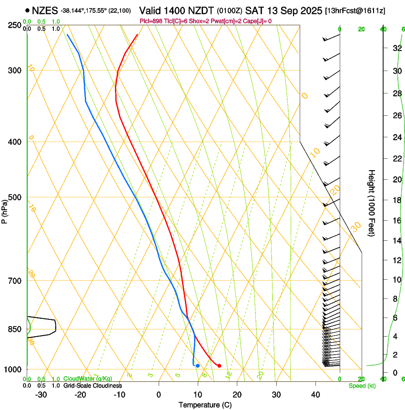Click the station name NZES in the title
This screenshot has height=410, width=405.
[45, 10]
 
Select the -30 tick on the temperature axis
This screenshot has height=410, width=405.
[41, 395]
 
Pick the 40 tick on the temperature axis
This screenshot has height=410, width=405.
[315, 395]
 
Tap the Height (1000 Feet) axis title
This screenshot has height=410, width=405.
[372, 203]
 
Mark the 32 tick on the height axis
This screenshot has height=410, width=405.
[395, 48]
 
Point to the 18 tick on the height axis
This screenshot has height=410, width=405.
[395, 200]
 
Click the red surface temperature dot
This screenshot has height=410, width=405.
[219, 366]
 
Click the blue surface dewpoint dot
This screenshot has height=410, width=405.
[198, 366]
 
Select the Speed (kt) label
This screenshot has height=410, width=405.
[362, 386]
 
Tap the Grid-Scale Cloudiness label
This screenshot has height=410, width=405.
[92, 386]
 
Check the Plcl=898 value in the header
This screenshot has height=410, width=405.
[151, 21]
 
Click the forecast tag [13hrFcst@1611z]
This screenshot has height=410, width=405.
[355, 10]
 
